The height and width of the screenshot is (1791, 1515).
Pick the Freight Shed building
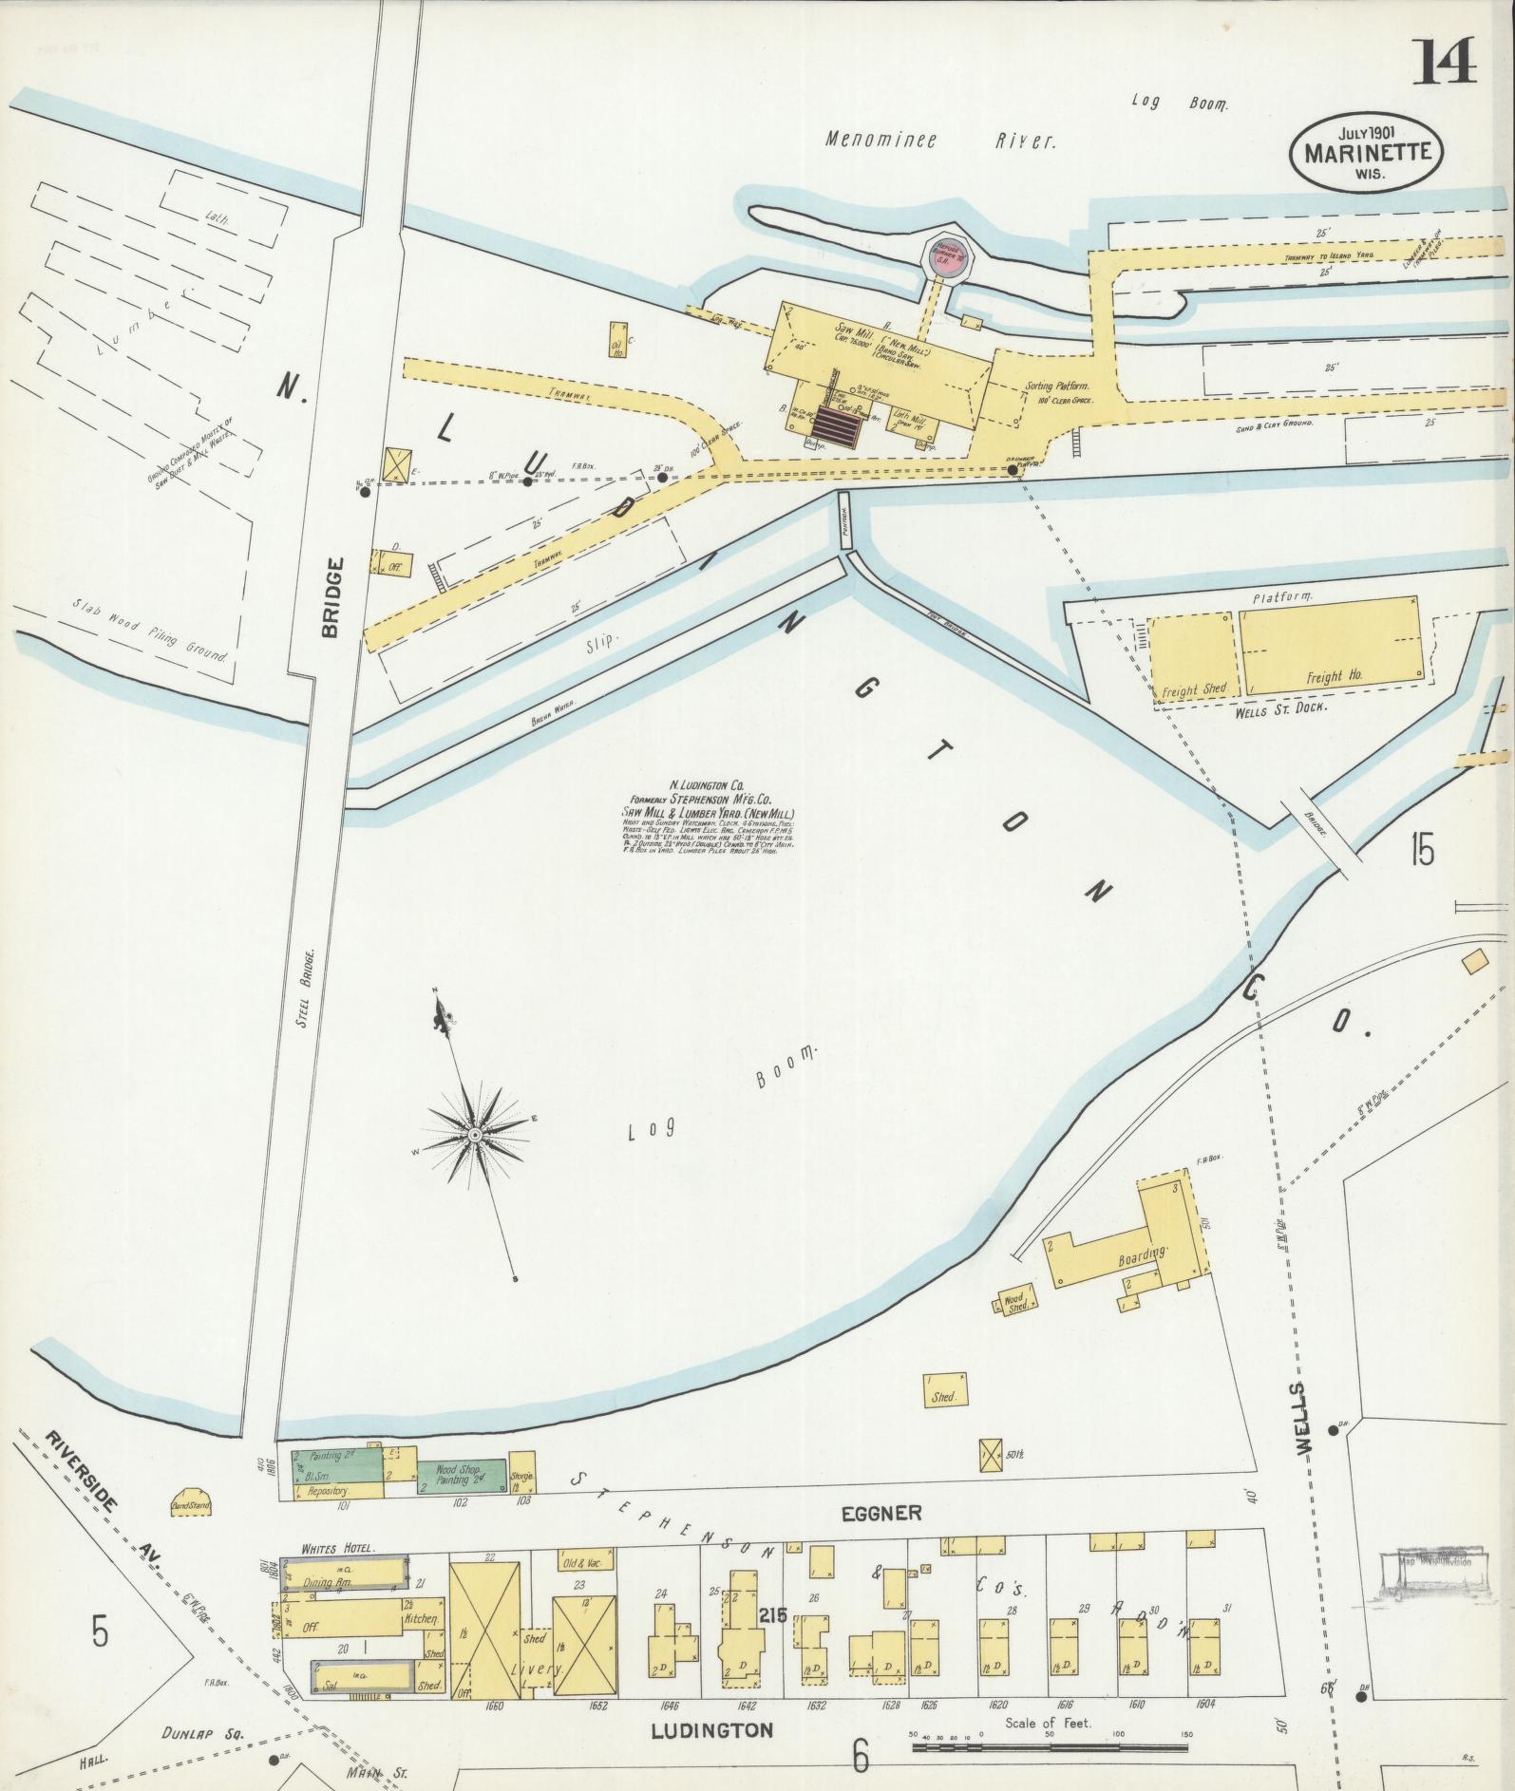click(x=1192, y=656)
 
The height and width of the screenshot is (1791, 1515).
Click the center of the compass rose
click(x=474, y=1135)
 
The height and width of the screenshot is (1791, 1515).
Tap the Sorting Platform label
click(x=1057, y=388)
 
